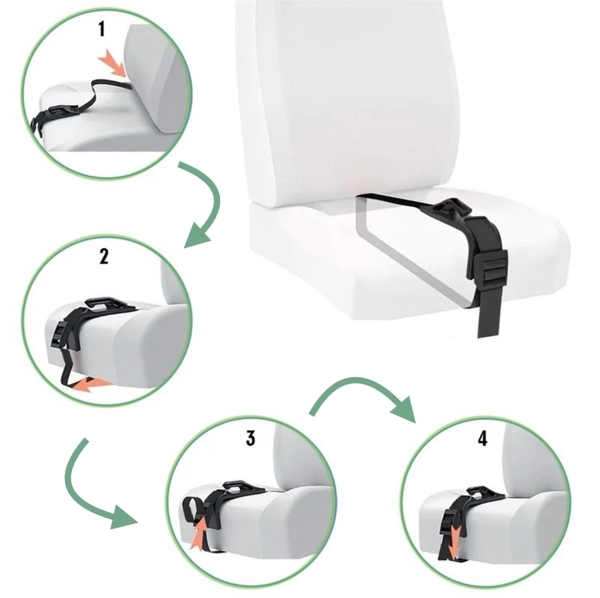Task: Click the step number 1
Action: tap(101, 30)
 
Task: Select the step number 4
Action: tap(482, 438)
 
